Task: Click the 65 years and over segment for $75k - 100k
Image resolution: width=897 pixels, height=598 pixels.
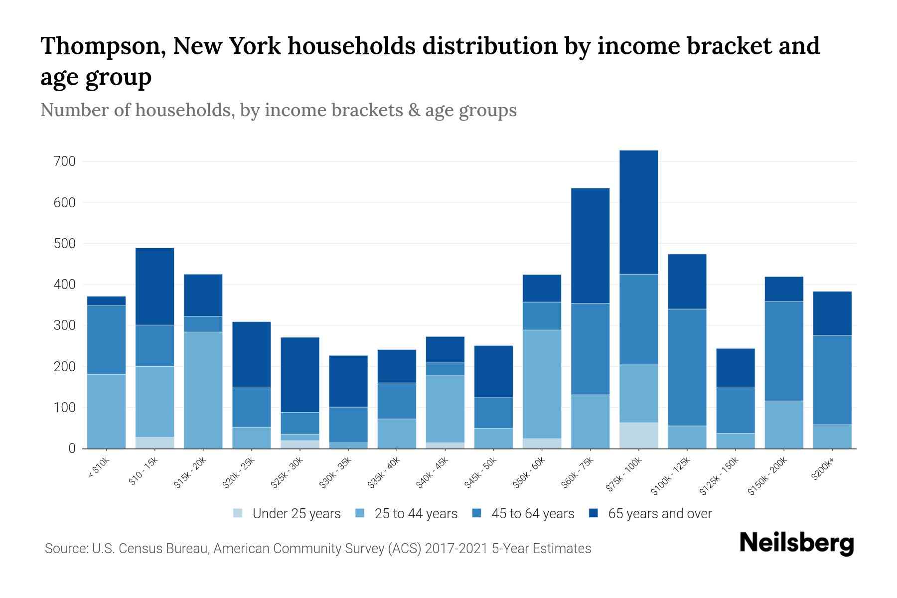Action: [x=638, y=212]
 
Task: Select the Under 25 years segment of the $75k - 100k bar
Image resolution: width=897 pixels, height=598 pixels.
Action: [x=638, y=436]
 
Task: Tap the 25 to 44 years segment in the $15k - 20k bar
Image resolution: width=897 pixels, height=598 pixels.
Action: [x=203, y=390]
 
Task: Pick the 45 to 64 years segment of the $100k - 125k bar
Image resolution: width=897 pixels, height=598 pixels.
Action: [x=687, y=367]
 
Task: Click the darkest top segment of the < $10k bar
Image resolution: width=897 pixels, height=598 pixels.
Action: [x=106, y=301]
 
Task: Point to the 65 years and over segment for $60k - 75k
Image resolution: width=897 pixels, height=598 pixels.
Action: [x=590, y=245]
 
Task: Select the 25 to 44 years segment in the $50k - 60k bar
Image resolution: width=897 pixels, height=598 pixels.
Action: [x=542, y=384]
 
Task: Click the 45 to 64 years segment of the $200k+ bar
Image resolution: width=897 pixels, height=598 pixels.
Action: [x=832, y=380]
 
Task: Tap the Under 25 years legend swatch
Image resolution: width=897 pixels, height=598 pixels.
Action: [x=238, y=513]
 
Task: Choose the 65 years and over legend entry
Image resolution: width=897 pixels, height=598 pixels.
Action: [x=659, y=514]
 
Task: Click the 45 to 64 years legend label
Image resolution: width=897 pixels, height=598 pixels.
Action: [x=532, y=514]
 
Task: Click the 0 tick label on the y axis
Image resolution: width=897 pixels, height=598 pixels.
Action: [x=72, y=448]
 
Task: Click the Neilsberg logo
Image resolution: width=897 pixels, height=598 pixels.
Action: [x=796, y=543]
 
